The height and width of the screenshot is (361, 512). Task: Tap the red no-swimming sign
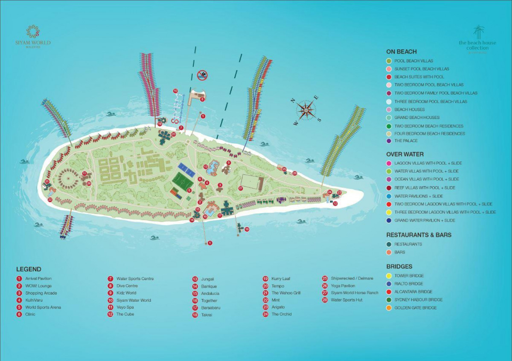point(202,75)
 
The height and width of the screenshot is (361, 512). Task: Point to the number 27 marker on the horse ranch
point(241,188)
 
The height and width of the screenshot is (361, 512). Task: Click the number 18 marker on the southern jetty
point(247,229)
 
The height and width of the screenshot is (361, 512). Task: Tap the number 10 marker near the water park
point(175,91)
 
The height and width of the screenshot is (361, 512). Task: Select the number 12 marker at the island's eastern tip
point(335,204)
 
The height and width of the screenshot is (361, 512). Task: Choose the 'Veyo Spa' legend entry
point(125,307)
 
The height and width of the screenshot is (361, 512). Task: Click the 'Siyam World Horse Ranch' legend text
point(355,293)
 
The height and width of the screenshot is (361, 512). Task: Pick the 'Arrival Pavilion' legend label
point(38,278)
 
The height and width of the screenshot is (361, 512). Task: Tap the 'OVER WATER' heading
point(405,154)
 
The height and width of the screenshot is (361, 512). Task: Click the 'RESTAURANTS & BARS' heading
point(419,235)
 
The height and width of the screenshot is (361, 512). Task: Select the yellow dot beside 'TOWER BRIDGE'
point(389,276)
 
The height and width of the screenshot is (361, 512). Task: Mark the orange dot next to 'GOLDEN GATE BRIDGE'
point(389,308)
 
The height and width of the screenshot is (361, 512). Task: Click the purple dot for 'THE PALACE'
point(389,141)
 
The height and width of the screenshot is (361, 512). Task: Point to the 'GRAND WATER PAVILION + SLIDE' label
point(425,220)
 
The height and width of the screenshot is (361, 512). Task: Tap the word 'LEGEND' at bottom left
point(29,269)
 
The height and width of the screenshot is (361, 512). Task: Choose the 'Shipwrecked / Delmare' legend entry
point(352,278)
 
